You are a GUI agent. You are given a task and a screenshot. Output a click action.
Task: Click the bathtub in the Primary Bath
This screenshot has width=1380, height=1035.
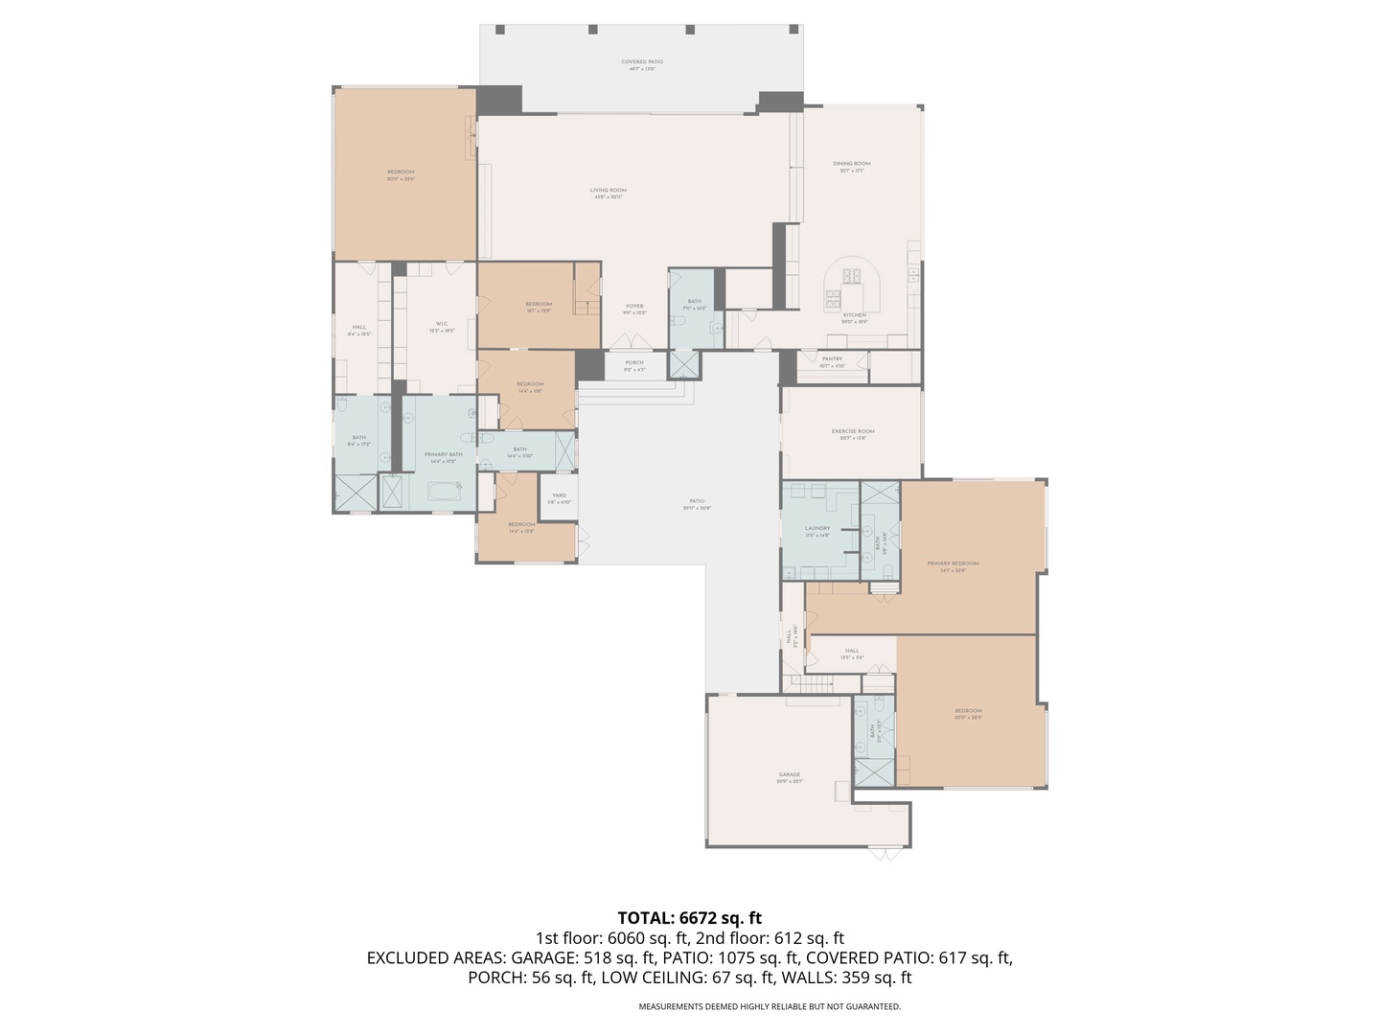point(444,493)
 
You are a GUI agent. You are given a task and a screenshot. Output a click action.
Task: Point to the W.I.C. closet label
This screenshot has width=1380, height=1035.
point(442,326)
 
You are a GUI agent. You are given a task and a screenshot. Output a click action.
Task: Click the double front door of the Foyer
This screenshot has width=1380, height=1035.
point(633,341)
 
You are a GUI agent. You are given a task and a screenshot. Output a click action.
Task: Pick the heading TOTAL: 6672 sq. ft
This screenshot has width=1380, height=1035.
point(689,918)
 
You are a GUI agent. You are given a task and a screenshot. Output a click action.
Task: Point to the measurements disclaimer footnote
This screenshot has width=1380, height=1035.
point(770,1006)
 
